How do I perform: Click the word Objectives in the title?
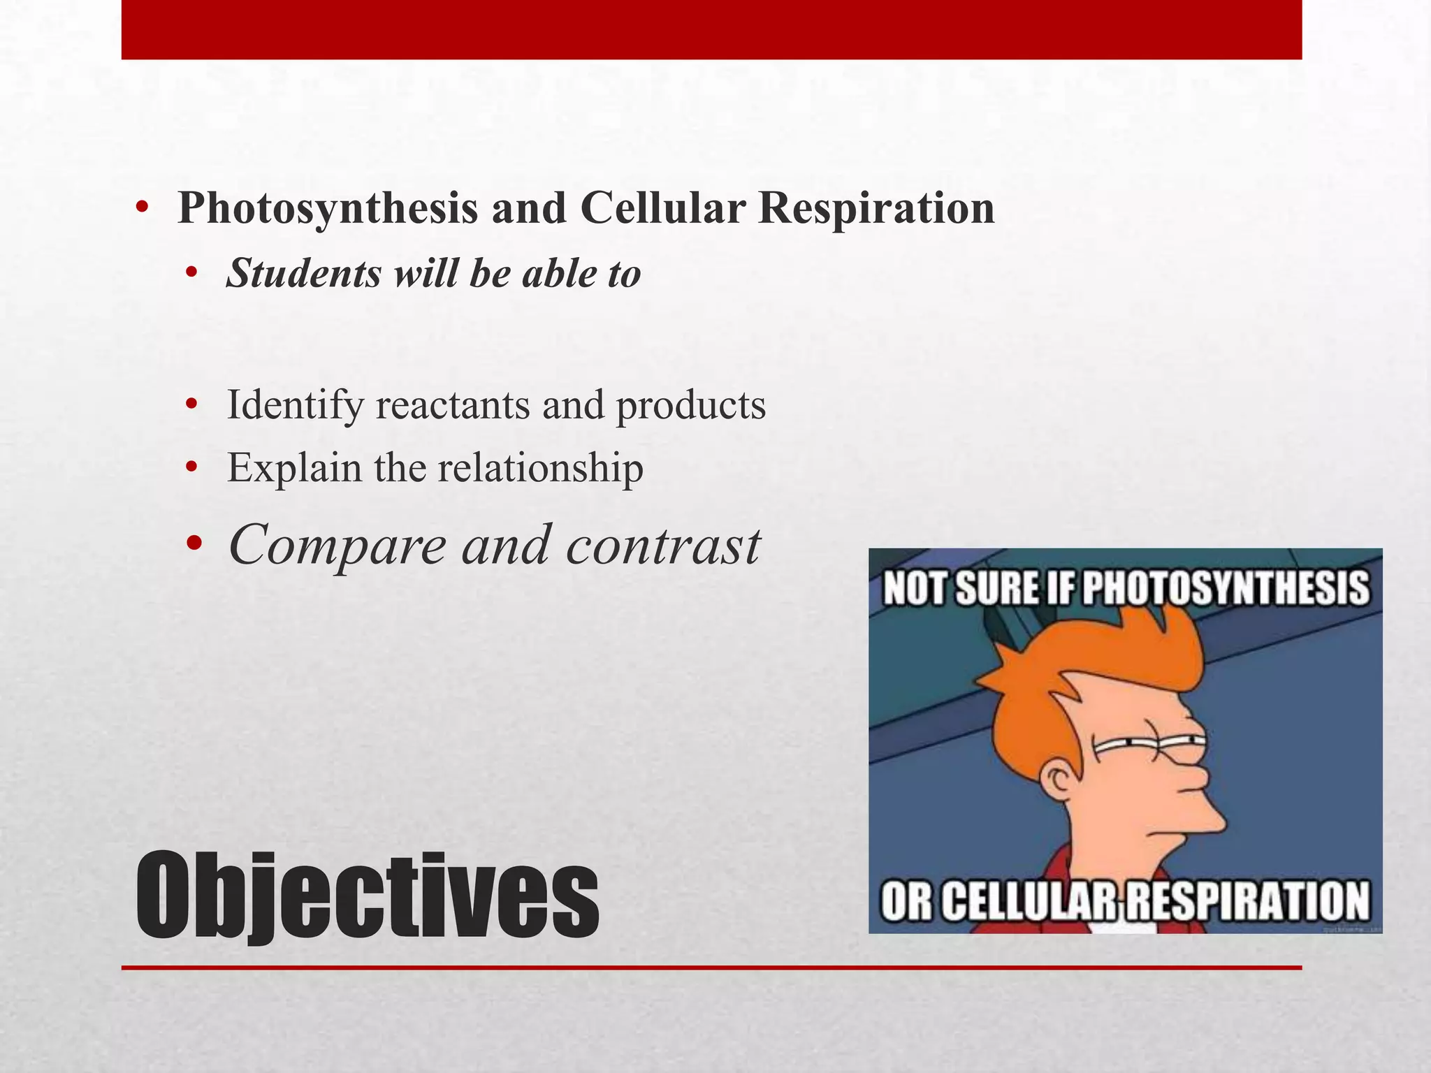(367, 896)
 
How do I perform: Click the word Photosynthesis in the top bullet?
(328, 207)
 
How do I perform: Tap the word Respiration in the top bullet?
(876, 207)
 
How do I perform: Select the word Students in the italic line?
(305, 272)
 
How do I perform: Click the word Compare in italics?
(337, 545)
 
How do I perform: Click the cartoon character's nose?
(1199, 774)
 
